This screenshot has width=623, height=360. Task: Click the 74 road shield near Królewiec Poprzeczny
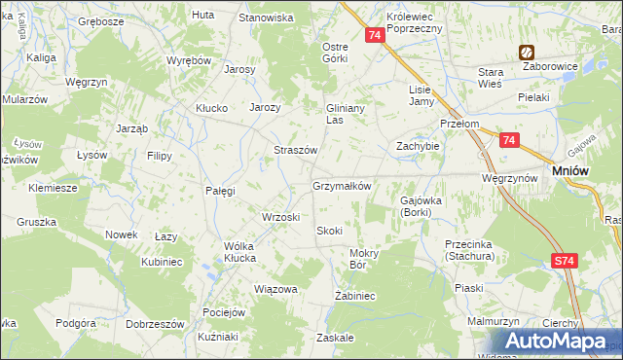click(x=375, y=35)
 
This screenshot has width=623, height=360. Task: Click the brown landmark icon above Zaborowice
click(x=526, y=53)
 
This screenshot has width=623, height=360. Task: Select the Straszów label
click(x=294, y=151)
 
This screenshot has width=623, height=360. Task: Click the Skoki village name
click(x=329, y=231)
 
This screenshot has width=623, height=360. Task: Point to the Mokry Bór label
click(x=362, y=258)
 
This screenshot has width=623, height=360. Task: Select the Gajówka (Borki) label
click(x=421, y=205)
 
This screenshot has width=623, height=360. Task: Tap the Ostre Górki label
click(x=335, y=53)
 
